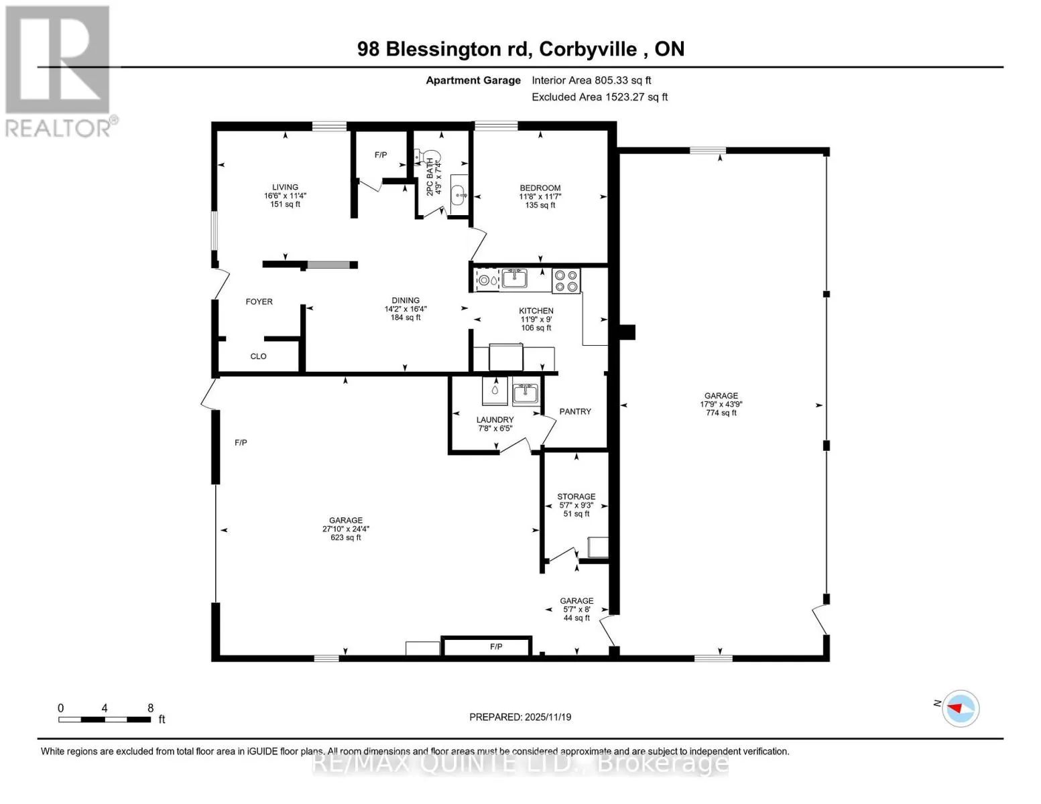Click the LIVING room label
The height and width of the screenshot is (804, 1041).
click(x=285, y=187)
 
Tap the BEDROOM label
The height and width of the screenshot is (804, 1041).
click(x=540, y=188)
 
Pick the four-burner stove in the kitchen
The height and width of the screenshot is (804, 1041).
click(x=566, y=281)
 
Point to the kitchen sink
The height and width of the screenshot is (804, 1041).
click(x=515, y=278)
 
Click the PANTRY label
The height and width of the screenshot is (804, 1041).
click(x=575, y=411)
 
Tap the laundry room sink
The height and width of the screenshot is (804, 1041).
click(x=525, y=393)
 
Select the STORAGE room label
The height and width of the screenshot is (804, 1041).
click(x=576, y=496)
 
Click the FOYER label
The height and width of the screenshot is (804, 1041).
click(x=259, y=301)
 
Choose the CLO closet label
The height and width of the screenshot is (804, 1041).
click(x=258, y=356)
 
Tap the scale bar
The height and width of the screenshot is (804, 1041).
click(x=105, y=720)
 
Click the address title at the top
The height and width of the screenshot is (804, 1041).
click(x=521, y=50)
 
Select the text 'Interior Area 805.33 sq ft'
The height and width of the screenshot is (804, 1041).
click(x=591, y=80)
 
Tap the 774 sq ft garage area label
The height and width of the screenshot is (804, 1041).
click(x=721, y=413)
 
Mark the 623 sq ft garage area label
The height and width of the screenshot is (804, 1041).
click(x=345, y=537)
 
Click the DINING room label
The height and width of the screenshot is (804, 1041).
click(x=406, y=300)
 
